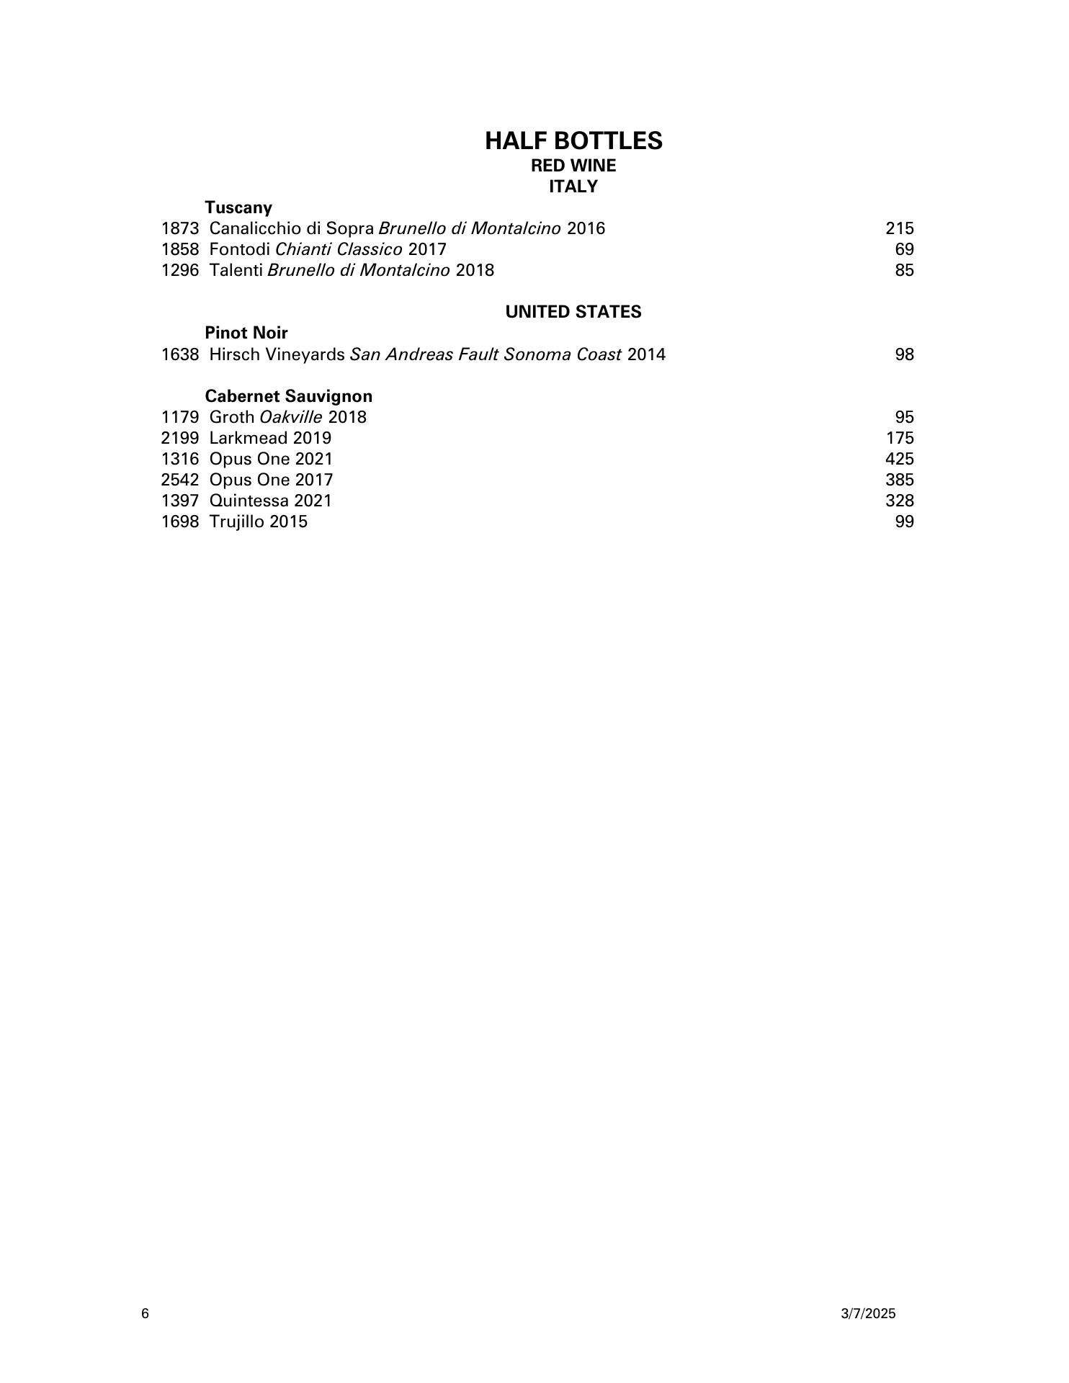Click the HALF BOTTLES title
tap(573, 140)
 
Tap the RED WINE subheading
tap(573, 166)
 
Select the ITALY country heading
tap(573, 187)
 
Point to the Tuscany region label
tap(238, 207)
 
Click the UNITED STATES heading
tap(573, 312)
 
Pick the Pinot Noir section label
tap(246, 333)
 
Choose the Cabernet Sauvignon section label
tap(289, 396)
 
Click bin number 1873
tap(179, 228)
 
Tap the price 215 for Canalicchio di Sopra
tap(900, 228)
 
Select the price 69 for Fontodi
tap(905, 249)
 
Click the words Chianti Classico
tap(339, 249)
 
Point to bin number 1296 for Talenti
tap(179, 270)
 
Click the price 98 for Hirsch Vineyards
tap(905, 354)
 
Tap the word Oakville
tap(291, 417)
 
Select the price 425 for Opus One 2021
tap(900, 459)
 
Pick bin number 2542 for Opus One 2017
tap(179, 480)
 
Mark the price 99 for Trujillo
tap(905, 522)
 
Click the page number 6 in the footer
tap(146, 1314)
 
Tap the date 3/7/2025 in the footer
tap(868, 1314)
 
